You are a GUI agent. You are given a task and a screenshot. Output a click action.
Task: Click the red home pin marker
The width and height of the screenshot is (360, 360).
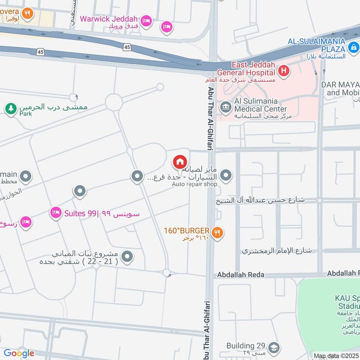pyautogui.click(x=180, y=162)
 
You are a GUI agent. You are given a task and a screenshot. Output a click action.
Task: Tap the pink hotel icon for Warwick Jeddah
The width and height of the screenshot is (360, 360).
pyautogui.click(x=146, y=21)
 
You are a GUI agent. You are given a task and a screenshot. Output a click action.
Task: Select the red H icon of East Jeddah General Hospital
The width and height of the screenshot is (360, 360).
pyautogui.click(x=284, y=70)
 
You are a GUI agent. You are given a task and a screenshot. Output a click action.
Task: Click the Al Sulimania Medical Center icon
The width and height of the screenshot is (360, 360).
pyautogui.click(x=225, y=107)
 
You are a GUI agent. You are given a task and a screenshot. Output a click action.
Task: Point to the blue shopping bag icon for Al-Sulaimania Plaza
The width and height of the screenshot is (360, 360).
pyautogui.click(x=354, y=47)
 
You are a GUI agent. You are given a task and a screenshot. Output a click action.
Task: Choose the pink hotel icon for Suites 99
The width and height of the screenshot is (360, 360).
pyautogui.click(x=56, y=211)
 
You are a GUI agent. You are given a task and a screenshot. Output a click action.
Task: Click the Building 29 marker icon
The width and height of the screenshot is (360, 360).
pyautogui.click(x=274, y=347)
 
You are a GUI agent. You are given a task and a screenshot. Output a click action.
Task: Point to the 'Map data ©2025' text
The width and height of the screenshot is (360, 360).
pyautogui.click(x=336, y=356)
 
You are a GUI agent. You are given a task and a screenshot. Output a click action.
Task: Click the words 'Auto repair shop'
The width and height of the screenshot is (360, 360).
pyautogui.click(x=195, y=184)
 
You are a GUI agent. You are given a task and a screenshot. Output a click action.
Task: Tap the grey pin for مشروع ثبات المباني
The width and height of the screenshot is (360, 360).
pyautogui.click(x=128, y=256)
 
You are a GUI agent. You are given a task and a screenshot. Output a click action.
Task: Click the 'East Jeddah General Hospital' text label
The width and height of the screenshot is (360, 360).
pyautogui.click(x=246, y=69)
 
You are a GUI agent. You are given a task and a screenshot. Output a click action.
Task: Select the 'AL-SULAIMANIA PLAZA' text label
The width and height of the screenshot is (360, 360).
pyautogui.click(x=317, y=41)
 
